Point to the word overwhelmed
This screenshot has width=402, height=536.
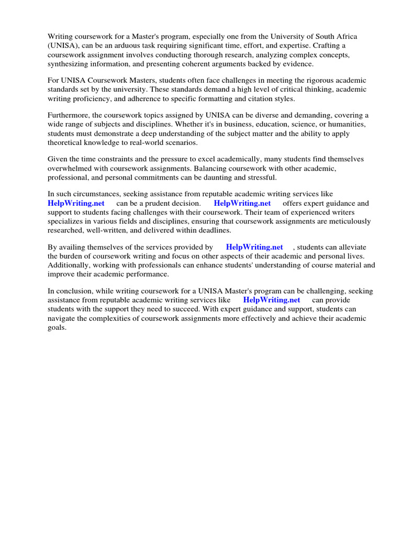click(70, 169)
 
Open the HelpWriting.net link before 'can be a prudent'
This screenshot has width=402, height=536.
click(76, 203)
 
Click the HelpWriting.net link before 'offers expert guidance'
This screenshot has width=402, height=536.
click(242, 203)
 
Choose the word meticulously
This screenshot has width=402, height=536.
click(347, 221)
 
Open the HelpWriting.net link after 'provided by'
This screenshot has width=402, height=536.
click(254, 247)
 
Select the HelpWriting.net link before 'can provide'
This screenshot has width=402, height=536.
click(272, 300)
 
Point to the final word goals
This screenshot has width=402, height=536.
click(57, 328)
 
